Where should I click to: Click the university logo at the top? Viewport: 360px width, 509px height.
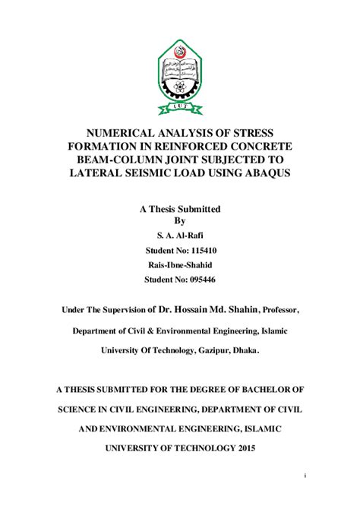pyautogui.click(x=180, y=74)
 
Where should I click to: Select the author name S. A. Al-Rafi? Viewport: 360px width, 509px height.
pyautogui.click(x=179, y=236)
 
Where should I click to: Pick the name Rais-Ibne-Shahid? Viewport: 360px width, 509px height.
pyautogui.click(x=179, y=264)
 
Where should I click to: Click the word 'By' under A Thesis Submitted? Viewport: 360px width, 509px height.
pyautogui.click(x=180, y=221)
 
